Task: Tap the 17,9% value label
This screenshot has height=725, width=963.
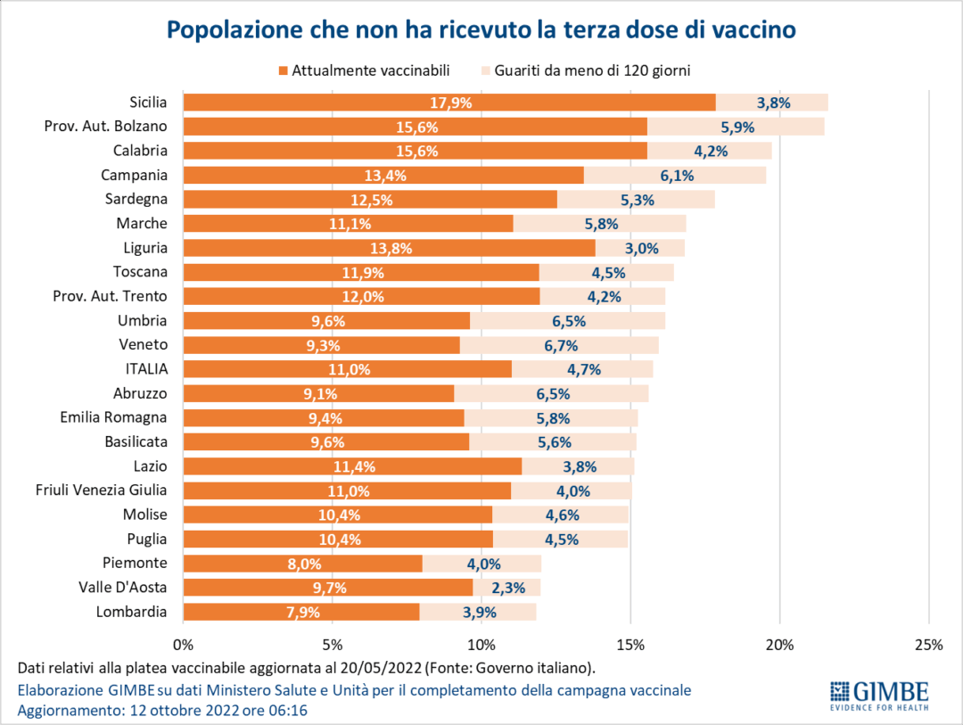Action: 450,103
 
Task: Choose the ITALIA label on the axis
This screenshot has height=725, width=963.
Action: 146,368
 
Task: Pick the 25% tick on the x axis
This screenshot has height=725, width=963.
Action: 928,645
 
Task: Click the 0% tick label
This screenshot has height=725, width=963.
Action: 183,645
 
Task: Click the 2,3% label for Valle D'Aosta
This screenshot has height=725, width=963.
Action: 507,588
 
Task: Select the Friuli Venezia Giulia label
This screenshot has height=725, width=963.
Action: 101,490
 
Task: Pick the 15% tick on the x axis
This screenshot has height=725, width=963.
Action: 630,645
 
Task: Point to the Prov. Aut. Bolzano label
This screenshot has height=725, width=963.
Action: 105,127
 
